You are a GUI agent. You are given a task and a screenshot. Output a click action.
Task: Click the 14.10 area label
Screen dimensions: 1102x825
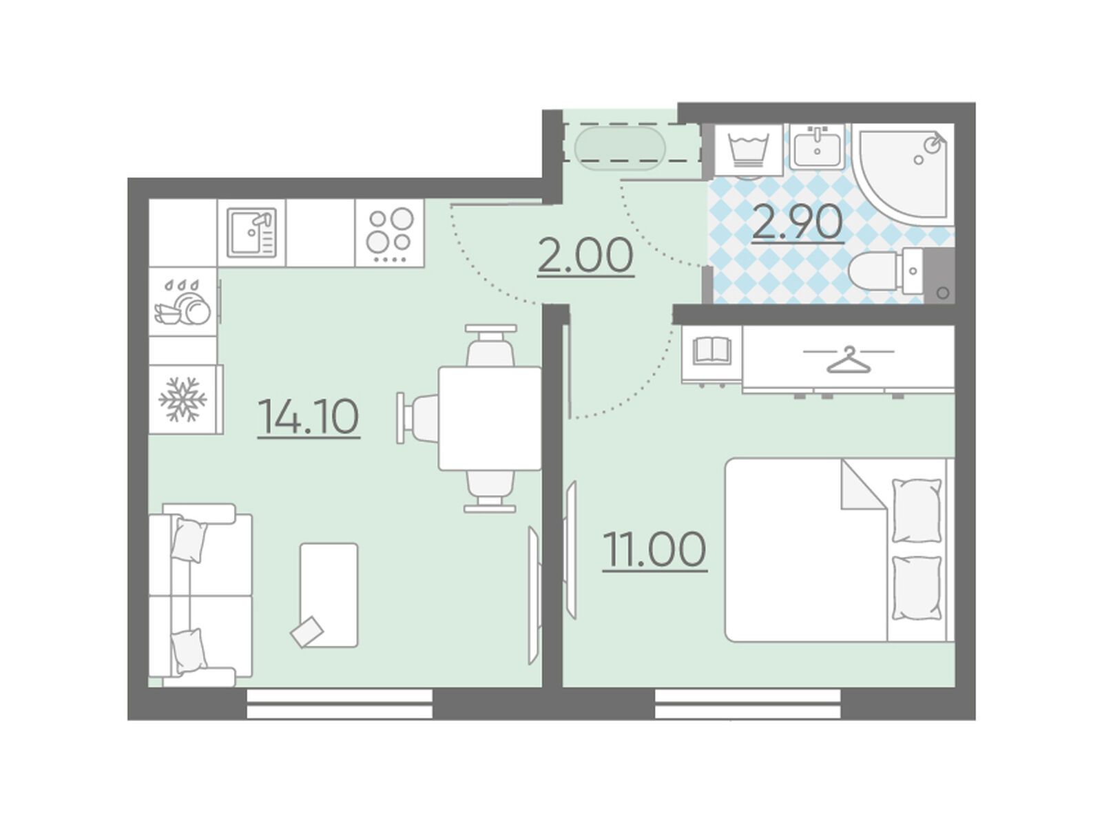tap(309, 416)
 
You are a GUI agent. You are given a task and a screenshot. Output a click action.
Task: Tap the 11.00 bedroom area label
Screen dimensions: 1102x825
tap(655, 550)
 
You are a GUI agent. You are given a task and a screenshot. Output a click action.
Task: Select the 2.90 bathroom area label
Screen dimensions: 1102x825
tap(798, 223)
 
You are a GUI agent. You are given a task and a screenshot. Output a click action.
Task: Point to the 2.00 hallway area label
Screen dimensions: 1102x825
tap(585, 256)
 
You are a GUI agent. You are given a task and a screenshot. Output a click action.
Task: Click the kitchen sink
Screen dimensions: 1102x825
tap(251, 233)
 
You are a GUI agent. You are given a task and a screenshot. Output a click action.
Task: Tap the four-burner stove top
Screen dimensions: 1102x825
tap(390, 233)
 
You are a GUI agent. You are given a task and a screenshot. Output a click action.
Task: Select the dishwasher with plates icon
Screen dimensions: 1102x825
tap(183, 302)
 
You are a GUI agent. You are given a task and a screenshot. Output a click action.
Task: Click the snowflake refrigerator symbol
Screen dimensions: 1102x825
tap(183, 399)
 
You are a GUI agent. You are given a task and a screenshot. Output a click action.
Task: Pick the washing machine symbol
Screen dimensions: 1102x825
tap(748, 151)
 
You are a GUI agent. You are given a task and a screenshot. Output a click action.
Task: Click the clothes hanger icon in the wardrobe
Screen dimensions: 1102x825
tap(848, 360)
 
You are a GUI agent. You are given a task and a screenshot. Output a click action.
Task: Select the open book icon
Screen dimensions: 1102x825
tap(711, 351)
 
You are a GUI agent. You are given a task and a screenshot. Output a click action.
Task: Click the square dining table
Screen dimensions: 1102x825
tap(490, 419)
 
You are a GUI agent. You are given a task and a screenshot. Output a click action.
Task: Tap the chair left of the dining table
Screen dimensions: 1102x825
tap(417, 418)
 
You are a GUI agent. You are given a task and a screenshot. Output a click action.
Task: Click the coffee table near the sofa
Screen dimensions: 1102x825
tap(329, 595)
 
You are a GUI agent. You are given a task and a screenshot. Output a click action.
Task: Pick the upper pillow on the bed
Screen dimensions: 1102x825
tap(916, 510)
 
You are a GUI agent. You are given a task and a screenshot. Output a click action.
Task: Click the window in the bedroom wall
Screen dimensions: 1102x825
tap(748, 704)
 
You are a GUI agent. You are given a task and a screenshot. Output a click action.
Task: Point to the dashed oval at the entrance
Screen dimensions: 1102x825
tap(619, 149)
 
